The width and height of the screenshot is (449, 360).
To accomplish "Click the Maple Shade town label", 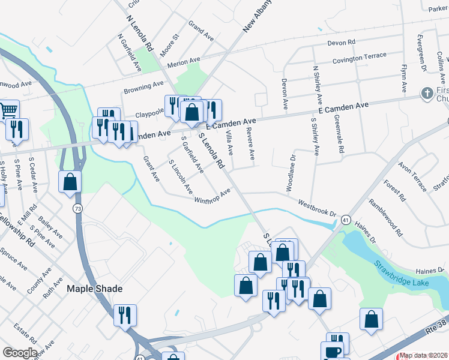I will [x=94, y=289].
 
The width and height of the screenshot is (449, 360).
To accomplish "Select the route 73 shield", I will [x=78, y=208].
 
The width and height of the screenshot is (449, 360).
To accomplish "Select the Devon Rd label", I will [x=342, y=43].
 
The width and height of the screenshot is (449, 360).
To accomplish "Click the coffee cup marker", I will [x=331, y=352].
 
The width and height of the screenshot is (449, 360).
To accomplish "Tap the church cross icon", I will [x=426, y=93].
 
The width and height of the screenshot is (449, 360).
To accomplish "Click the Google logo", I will [x=19, y=353].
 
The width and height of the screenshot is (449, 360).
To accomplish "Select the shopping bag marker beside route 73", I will [x=70, y=181].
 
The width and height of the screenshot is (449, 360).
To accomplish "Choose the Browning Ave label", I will [x=143, y=88].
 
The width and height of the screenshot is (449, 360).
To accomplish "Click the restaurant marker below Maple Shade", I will [x=125, y=314].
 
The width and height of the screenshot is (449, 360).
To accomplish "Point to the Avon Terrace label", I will [x=413, y=173].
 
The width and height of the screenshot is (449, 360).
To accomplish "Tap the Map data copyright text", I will [x=424, y=356].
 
